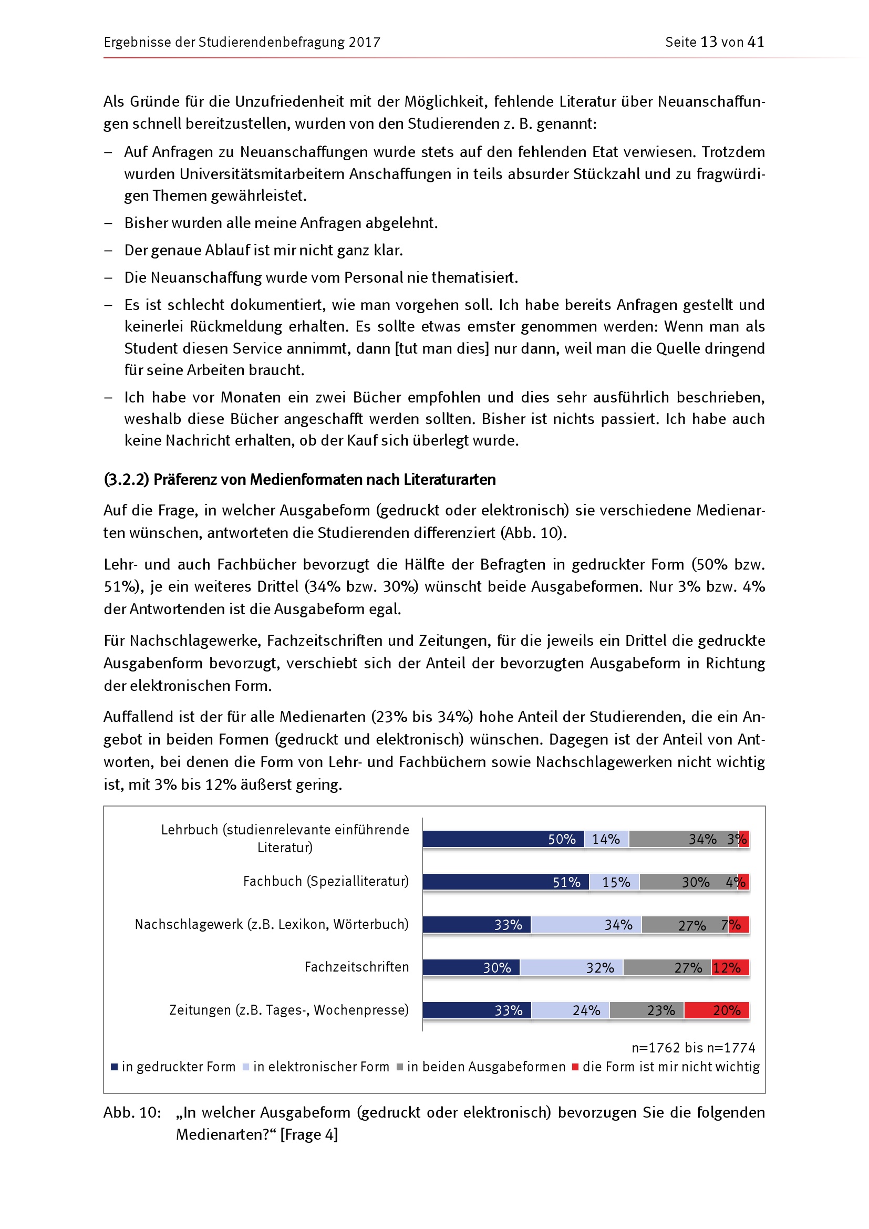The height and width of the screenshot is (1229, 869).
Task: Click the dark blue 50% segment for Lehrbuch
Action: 503,839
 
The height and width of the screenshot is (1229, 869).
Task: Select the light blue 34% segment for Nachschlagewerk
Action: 586,924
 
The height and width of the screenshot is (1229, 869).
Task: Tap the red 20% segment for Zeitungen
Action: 717,1010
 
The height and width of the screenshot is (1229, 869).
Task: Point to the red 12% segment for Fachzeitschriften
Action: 730,967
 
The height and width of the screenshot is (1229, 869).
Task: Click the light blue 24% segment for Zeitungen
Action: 571,1010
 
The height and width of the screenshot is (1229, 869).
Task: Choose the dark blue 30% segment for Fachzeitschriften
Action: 471,967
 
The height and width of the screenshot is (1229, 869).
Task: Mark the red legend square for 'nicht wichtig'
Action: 575,1067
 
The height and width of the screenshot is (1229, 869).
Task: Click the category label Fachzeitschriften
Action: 356,967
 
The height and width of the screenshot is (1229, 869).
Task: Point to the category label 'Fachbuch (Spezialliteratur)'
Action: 326,881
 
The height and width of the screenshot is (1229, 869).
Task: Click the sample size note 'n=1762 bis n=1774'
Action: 693,1048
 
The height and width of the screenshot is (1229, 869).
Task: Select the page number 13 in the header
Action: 708,42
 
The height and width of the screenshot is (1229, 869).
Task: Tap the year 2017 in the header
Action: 365,42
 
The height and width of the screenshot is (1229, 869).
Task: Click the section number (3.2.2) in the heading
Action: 126,479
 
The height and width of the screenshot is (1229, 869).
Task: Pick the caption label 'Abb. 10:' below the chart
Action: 132,1112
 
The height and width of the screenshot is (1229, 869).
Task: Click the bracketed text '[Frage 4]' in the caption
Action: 309,1134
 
